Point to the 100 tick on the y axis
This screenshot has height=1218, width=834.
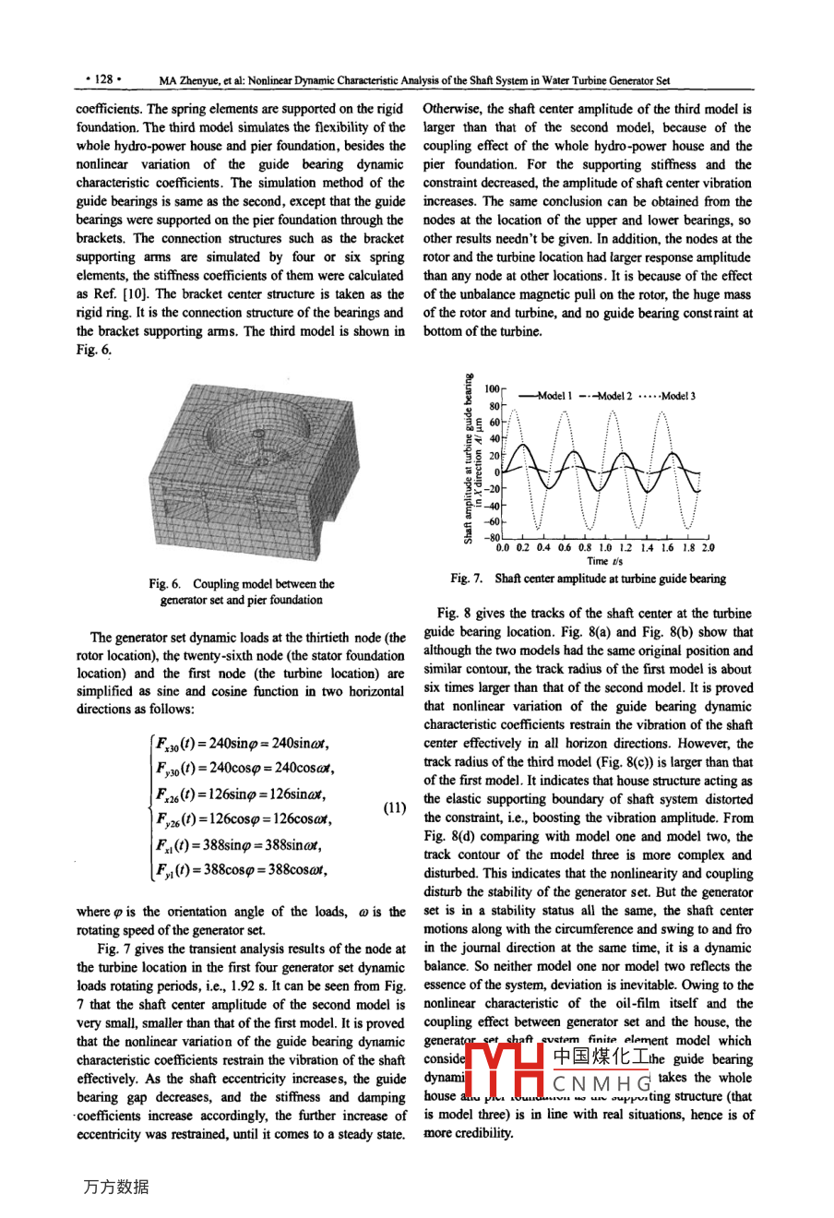tap(492, 391)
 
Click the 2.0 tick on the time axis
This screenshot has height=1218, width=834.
tap(708, 548)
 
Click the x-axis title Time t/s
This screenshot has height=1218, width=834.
tap(604, 561)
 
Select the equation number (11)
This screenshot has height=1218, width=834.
tap(395, 808)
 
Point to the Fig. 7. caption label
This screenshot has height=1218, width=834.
tap(469, 579)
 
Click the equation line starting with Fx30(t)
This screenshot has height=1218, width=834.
tap(240, 745)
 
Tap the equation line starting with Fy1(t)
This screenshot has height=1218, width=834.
tap(242, 869)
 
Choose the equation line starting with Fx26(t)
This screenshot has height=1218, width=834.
tap(240, 794)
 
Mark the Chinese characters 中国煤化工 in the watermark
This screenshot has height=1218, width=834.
tap(601, 1057)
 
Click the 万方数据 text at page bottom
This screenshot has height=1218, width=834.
tap(115, 1187)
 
